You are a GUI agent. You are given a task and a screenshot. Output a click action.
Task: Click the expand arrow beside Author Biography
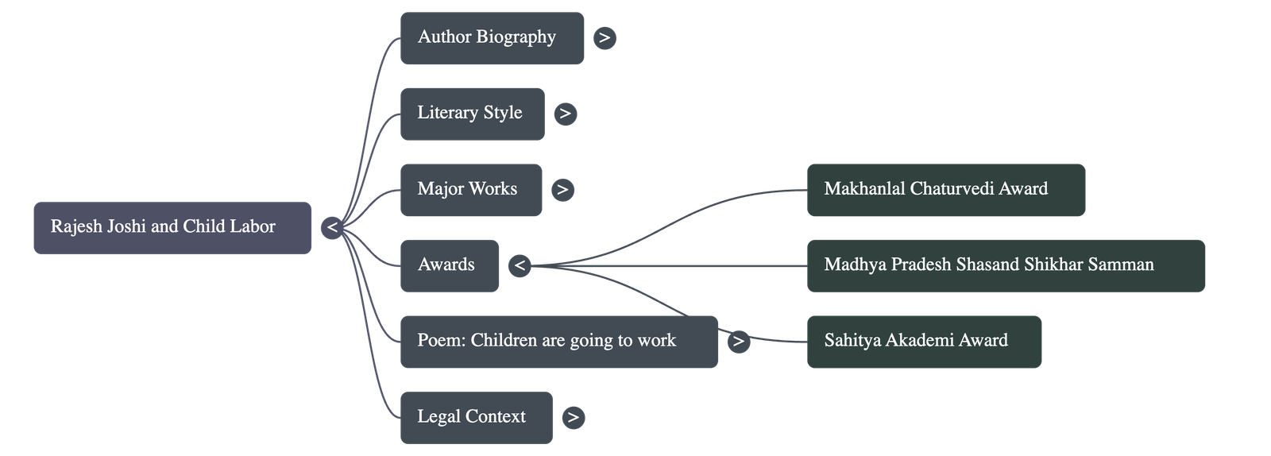tap(605, 37)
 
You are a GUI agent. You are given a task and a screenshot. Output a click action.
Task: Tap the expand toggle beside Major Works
tap(562, 189)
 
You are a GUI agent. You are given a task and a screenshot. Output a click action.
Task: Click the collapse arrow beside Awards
tap(520, 265)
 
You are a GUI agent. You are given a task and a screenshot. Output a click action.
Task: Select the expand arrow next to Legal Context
tap(573, 417)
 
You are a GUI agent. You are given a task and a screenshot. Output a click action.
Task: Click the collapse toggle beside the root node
tap(332, 228)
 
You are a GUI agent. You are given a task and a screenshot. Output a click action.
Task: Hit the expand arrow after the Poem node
tap(739, 342)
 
